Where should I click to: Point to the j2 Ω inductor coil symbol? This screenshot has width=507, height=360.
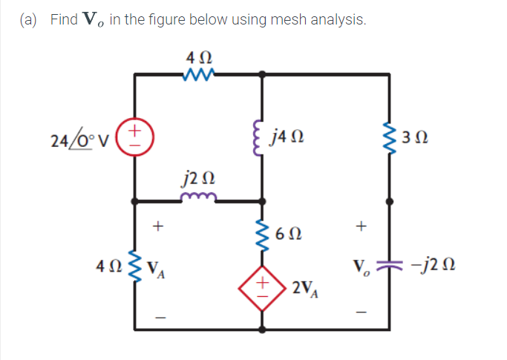click(197, 197)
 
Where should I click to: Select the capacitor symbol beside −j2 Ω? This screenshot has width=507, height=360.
click(390, 268)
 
